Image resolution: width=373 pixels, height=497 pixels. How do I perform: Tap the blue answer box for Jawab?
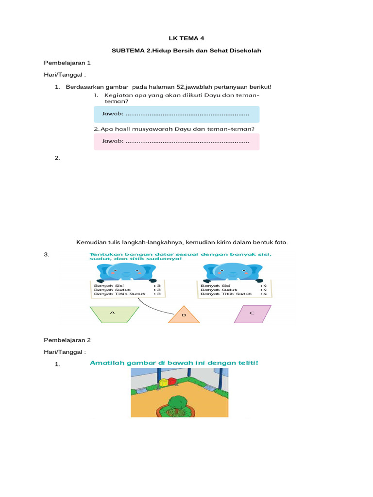pyautogui.click(x=176, y=115)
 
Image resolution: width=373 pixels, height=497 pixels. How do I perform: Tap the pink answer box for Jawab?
pyautogui.click(x=176, y=141)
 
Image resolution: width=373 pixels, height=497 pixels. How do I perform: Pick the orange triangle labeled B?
pyautogui.click(x=184, y=315)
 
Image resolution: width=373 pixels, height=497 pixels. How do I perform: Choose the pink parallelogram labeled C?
pyautogui.click(x=252, y=314)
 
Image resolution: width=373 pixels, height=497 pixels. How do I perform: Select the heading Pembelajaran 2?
pyautogui.click(x=67, y=340)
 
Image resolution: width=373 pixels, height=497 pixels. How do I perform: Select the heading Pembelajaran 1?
pyautogui.click(x=67, y=63)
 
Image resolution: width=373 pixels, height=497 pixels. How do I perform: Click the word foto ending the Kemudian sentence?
pyautogui.click(x=281, y=242)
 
